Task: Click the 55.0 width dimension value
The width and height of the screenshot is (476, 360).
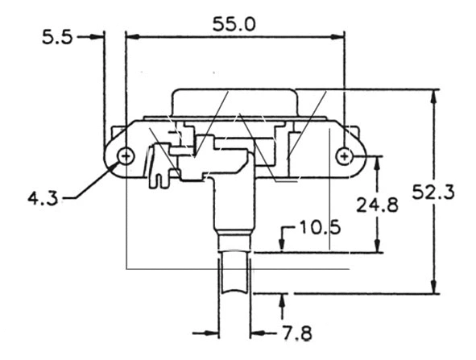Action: [234, 24]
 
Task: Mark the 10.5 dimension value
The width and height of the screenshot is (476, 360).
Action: [319, 229]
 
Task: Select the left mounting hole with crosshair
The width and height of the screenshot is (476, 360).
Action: [125, 155]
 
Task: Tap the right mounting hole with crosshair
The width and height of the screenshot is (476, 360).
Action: [345, 155]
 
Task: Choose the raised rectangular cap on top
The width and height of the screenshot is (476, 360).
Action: [234, 103]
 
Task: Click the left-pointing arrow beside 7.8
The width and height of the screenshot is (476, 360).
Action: [257, 331]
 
